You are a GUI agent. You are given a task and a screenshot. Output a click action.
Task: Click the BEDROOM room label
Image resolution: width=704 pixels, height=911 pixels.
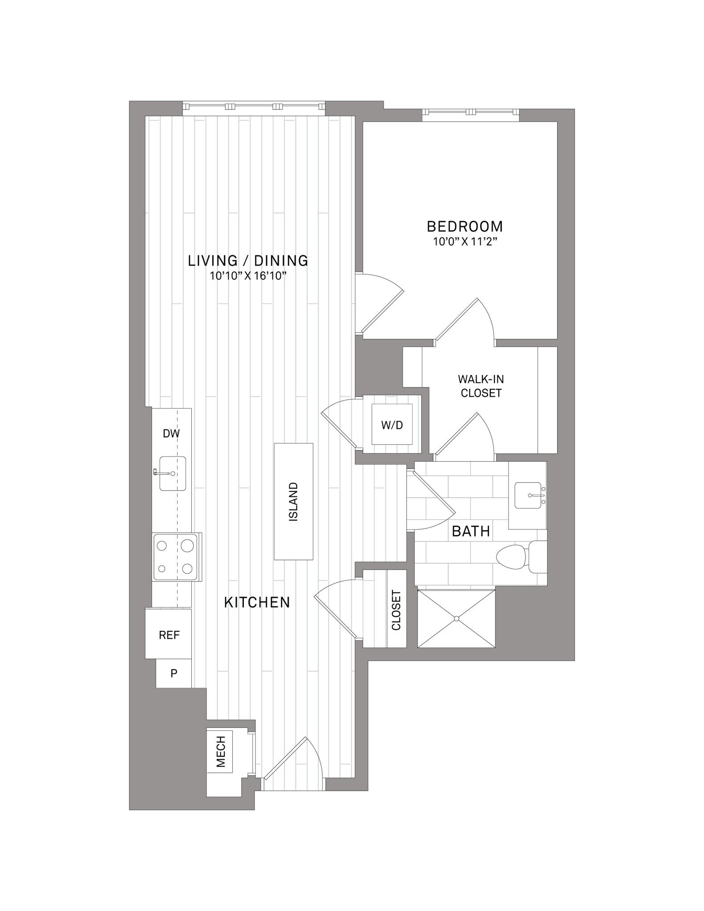[x=465, y=226]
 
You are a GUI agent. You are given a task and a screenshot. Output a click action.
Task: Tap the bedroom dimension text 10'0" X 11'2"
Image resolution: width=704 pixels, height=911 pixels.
[x=465, y=242]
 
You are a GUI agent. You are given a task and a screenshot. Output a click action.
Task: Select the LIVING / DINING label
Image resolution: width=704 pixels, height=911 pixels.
[x=248, y=261]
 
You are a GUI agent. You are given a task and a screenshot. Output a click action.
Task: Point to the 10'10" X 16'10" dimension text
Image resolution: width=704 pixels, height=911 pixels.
[x=248, y=276]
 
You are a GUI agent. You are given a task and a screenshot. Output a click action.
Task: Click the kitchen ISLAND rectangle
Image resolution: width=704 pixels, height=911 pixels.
[x=293, y=501]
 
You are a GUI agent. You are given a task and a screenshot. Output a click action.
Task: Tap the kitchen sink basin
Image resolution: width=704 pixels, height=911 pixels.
[x=173, y=474]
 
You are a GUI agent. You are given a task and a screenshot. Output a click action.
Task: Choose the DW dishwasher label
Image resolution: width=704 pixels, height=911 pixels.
[x=171, y=434]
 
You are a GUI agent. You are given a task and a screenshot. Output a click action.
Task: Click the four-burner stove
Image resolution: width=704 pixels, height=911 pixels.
[x=176, y=557]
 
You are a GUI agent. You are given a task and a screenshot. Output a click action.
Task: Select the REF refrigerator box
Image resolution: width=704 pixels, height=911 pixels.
[x=169, y=634]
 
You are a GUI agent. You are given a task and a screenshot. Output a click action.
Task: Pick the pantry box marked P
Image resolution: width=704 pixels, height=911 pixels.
[x=174, y=673]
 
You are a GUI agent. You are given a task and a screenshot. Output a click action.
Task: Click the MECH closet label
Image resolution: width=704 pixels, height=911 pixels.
[x=221, y=752]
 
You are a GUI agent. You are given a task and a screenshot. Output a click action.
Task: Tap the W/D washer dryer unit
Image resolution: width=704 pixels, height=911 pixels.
[x=392, y=424]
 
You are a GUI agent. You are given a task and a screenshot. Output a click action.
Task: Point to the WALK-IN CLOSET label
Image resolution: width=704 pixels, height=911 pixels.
[x=481, y=386]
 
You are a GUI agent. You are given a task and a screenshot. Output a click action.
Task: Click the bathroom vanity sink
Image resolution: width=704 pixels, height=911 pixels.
[x=529, y=495]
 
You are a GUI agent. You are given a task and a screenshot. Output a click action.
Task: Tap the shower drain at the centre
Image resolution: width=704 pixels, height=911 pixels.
[x=457, y=619]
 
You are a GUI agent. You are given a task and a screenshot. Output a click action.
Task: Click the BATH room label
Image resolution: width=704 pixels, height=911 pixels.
[x=471, y=531]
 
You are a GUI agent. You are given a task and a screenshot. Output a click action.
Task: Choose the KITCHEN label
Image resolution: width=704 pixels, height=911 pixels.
[x=257, y=603]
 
